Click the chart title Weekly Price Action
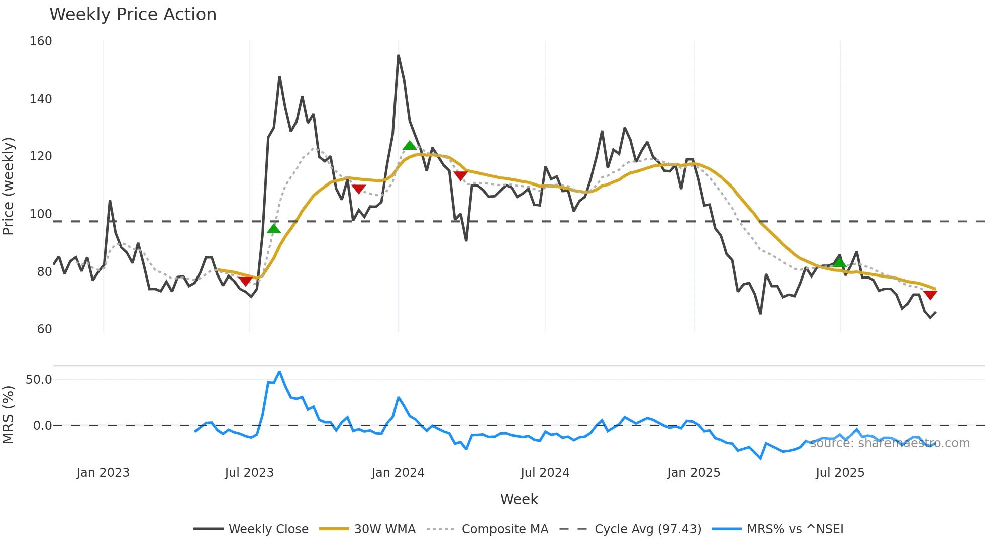pos(133,15)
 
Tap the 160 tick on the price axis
pos(41,41)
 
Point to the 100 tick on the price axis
pos(41,214)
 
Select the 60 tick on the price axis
pos(44,329)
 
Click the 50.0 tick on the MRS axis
pos(39,380)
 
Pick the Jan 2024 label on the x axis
pos(398,473)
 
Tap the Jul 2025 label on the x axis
pos(840,473)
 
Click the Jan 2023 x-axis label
pos(103,473)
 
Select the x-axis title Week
pos(519,499)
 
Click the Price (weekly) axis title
pos(9,186)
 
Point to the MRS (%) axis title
pos(9,415)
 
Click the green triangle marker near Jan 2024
pos(410,146)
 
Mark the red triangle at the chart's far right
pos(930,295)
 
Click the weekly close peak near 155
pos(399,56)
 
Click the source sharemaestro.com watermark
pos(890,443)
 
